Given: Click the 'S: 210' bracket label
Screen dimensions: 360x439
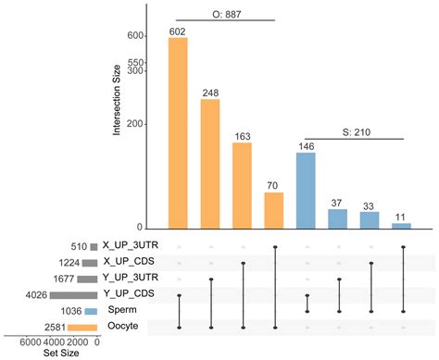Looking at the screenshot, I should [355, 130].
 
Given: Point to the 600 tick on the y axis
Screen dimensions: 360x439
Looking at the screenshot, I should [134, 35].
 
